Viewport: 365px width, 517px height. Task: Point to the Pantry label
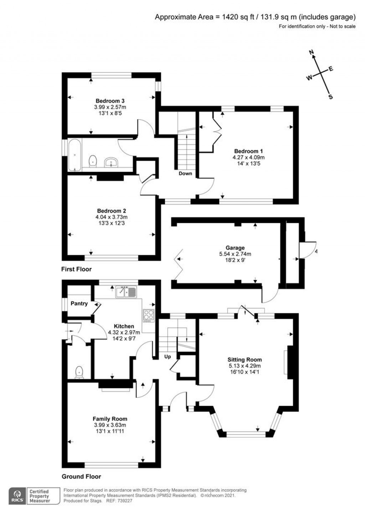[79, 304]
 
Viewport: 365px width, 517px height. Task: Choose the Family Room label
[110, 419]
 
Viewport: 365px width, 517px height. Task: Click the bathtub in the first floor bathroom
[74, 155]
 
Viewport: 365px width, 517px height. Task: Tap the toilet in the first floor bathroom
[93, 161]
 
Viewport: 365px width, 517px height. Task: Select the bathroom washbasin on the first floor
[111, 163]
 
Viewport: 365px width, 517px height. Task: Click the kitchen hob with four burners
[148, 315]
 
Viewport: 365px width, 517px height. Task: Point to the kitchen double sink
[126, 292]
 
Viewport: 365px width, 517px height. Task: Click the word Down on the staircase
[185, 173]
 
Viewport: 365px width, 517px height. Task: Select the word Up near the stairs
[167, 356]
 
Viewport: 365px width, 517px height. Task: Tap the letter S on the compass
[330, 97]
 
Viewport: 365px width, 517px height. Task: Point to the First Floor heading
[76, 269]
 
